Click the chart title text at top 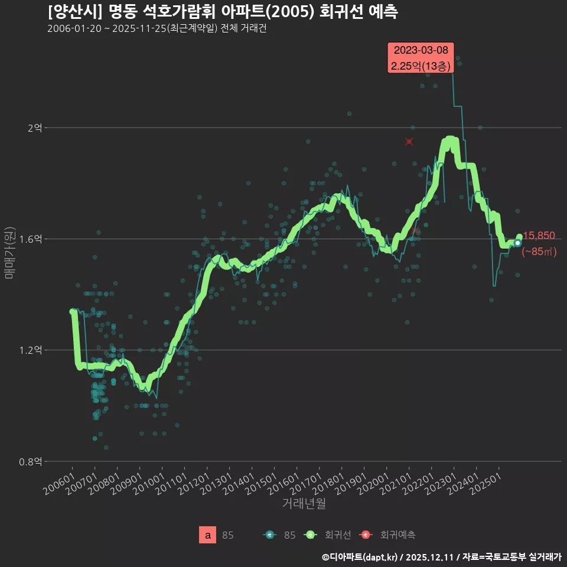223,11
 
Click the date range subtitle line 157,29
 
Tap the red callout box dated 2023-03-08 421,58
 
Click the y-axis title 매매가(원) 9,252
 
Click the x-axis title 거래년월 304,504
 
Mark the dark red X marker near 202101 409,142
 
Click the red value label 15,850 539,236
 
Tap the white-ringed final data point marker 517,243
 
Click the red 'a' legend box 207,535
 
